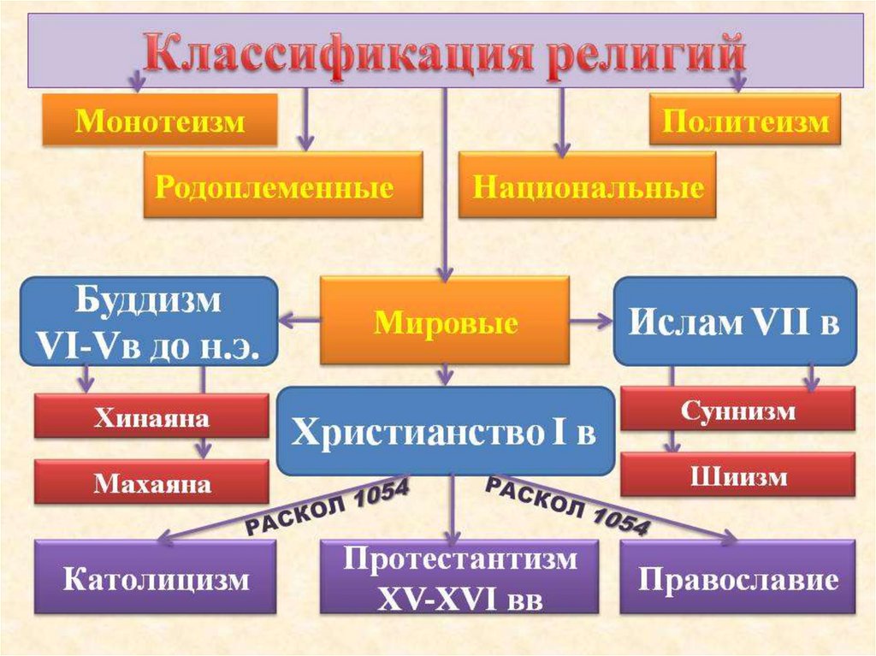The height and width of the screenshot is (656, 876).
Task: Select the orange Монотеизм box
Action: [x=160, y=121]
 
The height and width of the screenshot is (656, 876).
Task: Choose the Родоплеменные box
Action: [x=282, y=186]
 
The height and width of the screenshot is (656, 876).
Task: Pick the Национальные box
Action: [x=587, y=186]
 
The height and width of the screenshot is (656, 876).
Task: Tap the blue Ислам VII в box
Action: [x=735, y=322]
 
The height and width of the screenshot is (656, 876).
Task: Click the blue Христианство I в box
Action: [x=445, y=433]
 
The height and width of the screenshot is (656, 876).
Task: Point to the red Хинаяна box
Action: [x=151, y=417]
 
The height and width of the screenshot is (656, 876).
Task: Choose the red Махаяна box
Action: [x=151, y=483]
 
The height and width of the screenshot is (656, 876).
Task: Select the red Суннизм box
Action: [x=737, y=410]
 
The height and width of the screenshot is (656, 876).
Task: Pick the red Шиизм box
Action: [x=737, y=475]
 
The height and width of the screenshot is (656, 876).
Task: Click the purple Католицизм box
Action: [x=155, y=578]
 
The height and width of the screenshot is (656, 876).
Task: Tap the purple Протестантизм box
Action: [x=459, y=578]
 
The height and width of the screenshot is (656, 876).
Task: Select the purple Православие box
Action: [x=737, y=578]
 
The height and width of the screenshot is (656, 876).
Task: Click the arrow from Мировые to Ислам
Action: [x=593, y=322]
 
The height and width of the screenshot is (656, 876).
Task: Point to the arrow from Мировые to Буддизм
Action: [x=299, y=321]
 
